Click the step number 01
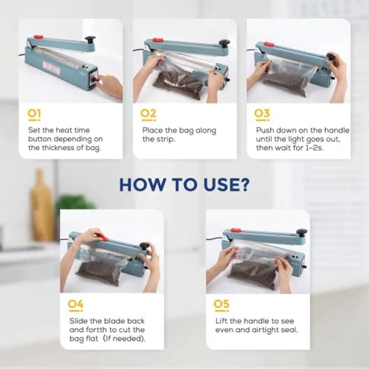tap(34, 114)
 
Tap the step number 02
tap(149, 114)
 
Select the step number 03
tap(262, 114)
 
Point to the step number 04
tap(76, 305)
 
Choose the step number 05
tap(222, 305)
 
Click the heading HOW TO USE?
tap(184, 184)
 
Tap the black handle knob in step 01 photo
tap(90, 40)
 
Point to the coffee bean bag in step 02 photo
tap(179, 82)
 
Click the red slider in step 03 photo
tap(269, 44)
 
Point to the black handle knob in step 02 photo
tap(223, 43)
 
